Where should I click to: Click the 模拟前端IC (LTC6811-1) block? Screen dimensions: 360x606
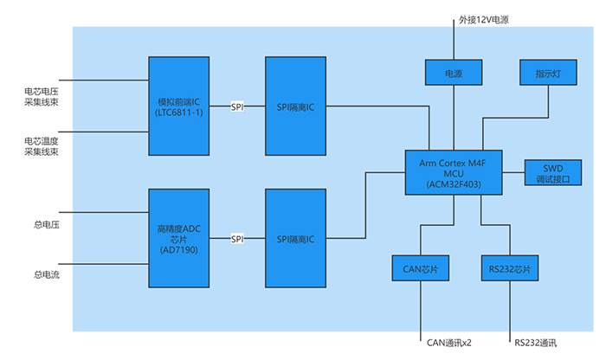(x=179, y=106)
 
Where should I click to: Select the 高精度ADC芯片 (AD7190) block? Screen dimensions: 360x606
(x=179, y=238)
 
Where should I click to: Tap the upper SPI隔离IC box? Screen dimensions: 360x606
(x=296, y=106)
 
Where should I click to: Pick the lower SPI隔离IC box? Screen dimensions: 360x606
(x=296, y=238)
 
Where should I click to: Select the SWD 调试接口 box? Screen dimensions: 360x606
(x=552, y=172)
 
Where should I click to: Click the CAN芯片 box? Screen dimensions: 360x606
(x=419, y=269)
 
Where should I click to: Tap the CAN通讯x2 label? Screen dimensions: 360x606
(x=450, y=342)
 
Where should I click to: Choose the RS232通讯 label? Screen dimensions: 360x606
(x=536, y=342)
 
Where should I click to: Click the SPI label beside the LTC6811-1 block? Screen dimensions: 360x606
(x=237, y=106)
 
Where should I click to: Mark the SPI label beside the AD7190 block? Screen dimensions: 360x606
(x=237, y=238)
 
